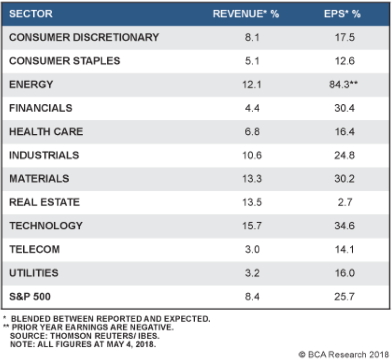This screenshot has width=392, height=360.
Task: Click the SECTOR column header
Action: pyautogui.click(x=31, y=14)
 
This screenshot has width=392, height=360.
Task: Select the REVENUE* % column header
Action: pyautogui.click(x=246, y=14)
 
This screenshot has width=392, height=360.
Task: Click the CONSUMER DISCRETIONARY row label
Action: pyautogui.click(x=84, y=37)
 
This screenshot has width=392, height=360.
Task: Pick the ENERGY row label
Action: pyautogui.click(x=31, y=84)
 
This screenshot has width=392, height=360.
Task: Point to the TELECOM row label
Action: pyautogui.click(x=35, y=249)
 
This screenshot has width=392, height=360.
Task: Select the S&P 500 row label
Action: pyautogui.click(x=32, y=296)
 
